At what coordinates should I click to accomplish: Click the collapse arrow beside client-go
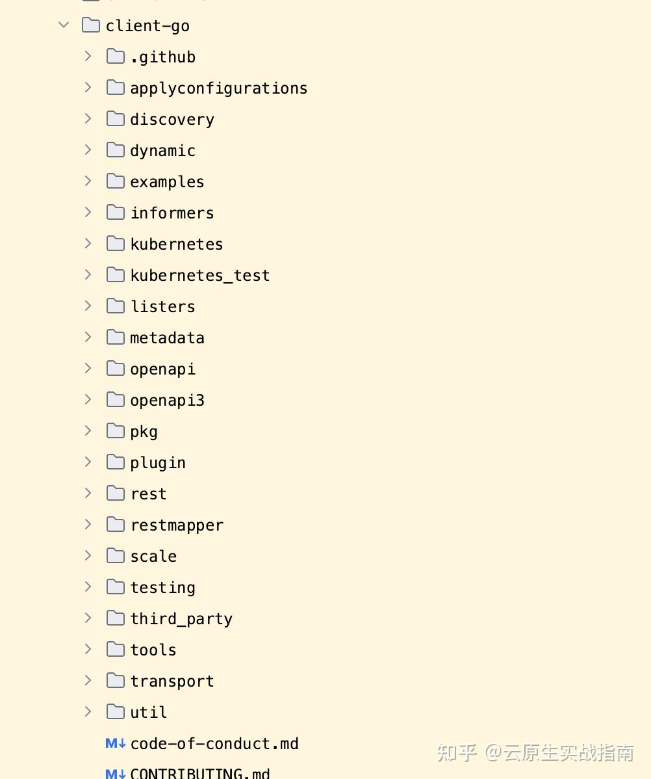coord(64,25)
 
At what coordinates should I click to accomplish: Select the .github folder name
coord(162,57)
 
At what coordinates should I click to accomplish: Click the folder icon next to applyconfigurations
coord(115,88)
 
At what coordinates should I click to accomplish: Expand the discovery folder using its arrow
coord(88,118)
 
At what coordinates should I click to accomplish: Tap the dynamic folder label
coord(162,151)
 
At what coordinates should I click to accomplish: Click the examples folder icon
coord(115,181)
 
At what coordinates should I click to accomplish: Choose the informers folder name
coord(172,213)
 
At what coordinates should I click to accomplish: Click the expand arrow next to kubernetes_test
coord(88,274)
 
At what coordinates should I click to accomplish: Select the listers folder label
coord(162,307)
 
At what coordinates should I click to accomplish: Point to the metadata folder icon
coord(115,337)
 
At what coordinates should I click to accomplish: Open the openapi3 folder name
coord(167,401)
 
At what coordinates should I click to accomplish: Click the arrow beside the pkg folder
coord(88,430)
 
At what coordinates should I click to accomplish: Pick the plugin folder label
coord(158,463)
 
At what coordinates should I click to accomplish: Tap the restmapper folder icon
coord(115,525)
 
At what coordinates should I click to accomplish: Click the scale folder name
coord(153,557)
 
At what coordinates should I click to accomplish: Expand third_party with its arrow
coord(88,618)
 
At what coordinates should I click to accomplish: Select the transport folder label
coord(172,681)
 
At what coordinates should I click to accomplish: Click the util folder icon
coord(115,712)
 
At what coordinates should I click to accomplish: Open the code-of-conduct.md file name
coord(214,744)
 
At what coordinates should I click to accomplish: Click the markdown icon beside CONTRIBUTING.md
coord(115,773)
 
